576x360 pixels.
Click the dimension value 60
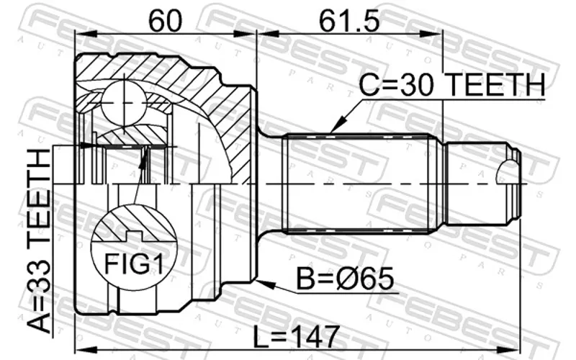click(165, 21)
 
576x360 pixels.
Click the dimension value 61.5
click(348, 21)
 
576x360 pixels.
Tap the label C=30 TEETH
click(451, 85)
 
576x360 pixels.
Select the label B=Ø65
click(345, 279)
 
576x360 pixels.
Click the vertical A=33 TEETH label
click(39, 240)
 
